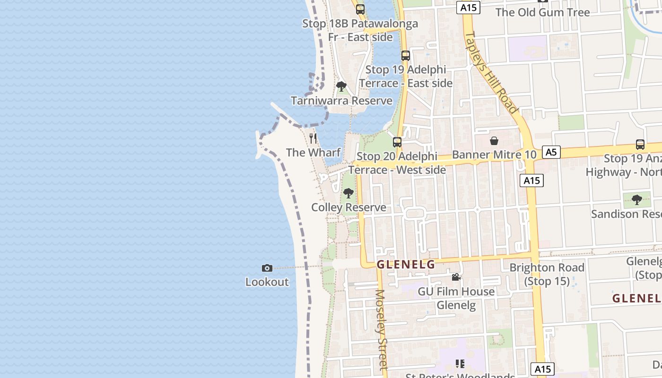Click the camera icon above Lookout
click(x=267, y=268)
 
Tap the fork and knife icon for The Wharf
click(x=313, y=138)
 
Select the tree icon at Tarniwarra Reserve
click(x=341, y=86)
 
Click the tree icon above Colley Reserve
click(x=348, y=193)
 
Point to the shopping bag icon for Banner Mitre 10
click(x=494, y=141)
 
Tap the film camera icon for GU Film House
click(x=456, y=277)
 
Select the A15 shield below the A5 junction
click(x=531, y=180)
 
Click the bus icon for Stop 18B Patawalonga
click(x=360, y=9)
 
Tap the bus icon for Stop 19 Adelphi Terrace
click(x=406, y=55)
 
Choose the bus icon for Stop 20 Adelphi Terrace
click(x=397, y=142)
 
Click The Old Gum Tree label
click(x=542, y=12)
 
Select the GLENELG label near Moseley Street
click(x=406, y=265)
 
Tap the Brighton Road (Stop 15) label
click(x=547, y=274)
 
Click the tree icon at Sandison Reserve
click(x=637, y=199)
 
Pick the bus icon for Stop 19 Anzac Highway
click(x=640, y=145)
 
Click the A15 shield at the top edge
click(x=469, y=7)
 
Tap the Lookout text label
click(x=267, y=282)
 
